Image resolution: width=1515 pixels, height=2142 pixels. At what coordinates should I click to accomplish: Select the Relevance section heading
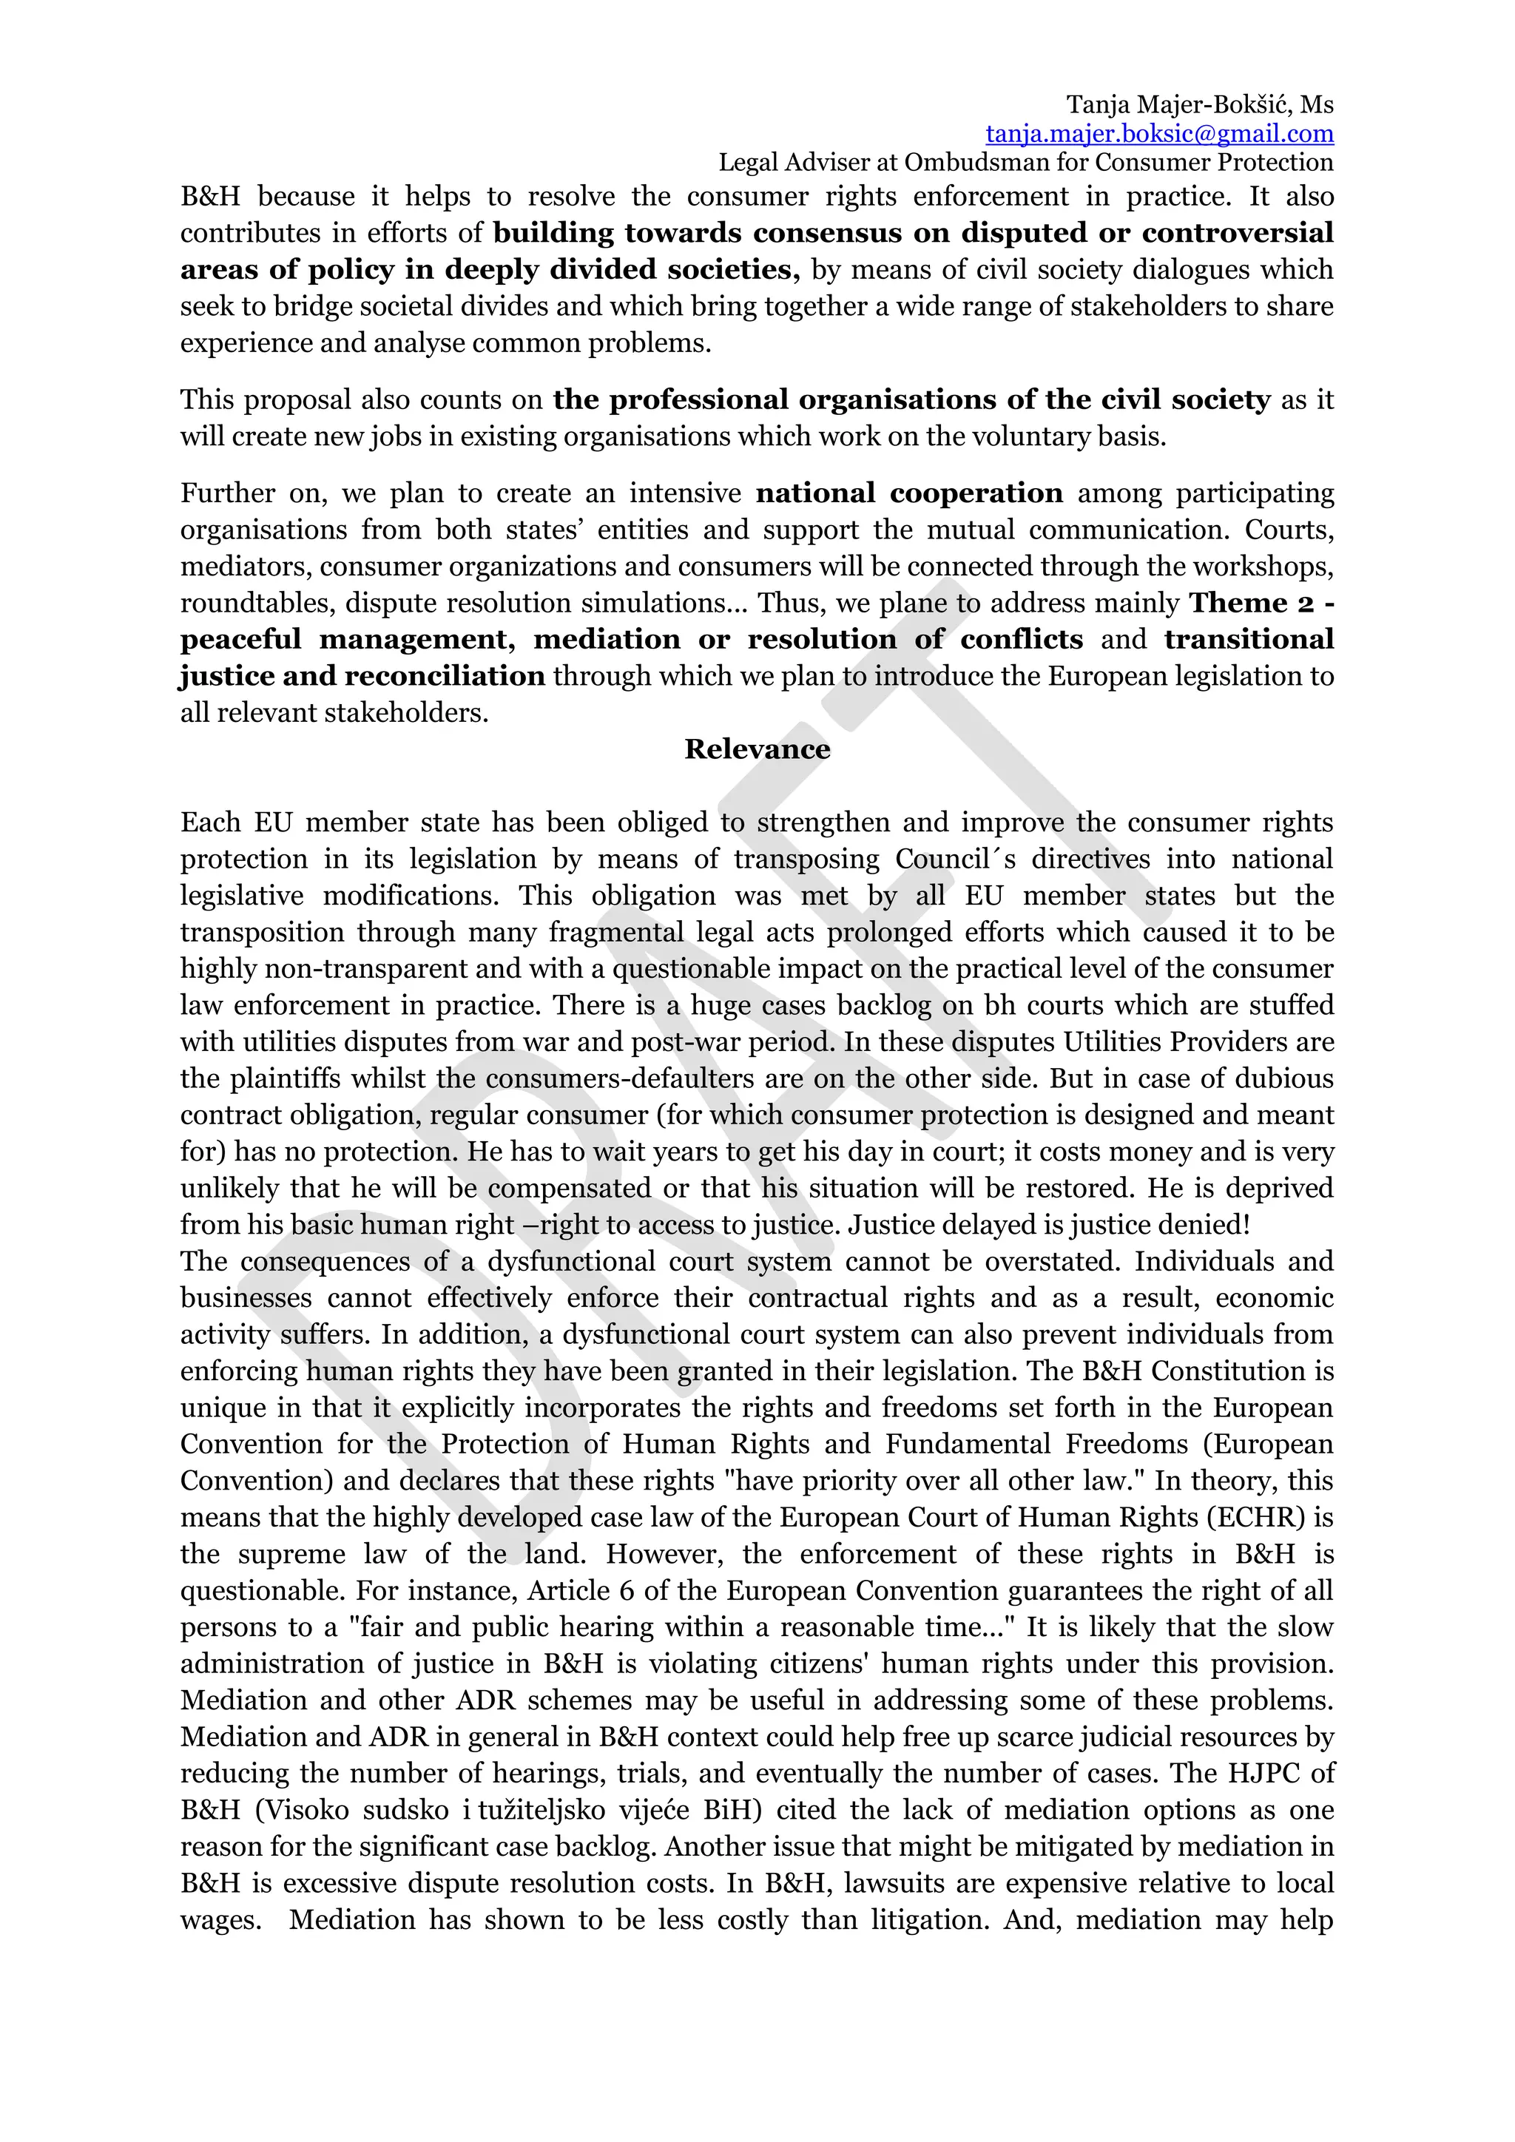(757, 749)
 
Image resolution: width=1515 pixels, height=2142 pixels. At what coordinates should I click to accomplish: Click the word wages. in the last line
(220, 1920)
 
